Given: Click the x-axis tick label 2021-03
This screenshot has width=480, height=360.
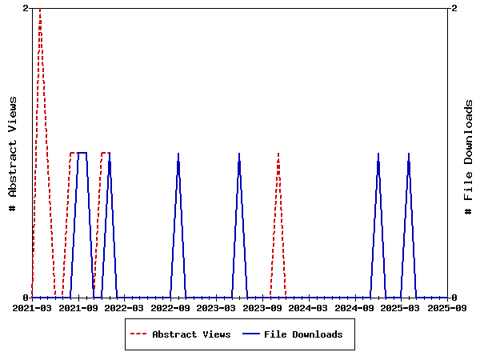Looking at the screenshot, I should pos(32,307).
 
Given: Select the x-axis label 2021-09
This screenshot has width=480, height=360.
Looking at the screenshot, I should pos(78,307).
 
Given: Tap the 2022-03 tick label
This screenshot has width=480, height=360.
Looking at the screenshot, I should pos(124,307).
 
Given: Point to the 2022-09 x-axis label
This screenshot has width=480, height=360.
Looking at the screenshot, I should pos(170,307).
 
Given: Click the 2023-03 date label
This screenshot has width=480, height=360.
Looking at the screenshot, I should pos(216,307).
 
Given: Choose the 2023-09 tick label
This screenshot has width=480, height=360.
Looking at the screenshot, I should pos(262,307).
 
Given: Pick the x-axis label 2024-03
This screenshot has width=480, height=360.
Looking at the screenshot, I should pos(308,307).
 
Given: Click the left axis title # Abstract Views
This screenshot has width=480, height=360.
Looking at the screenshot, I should pos(13,153).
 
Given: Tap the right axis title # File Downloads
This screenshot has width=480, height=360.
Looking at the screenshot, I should pos(469,157).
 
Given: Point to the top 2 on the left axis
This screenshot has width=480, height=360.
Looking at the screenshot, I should pos(26,8).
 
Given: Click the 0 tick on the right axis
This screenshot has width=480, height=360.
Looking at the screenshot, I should pos(454,298).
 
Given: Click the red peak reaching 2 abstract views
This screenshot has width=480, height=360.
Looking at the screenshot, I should pos(40,10).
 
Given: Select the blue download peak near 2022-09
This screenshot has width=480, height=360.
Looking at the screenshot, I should pos(178,154).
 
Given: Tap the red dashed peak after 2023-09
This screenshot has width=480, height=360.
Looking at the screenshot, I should pos(278,154).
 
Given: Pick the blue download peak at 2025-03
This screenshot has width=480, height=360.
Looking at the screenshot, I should pos(409,154).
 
